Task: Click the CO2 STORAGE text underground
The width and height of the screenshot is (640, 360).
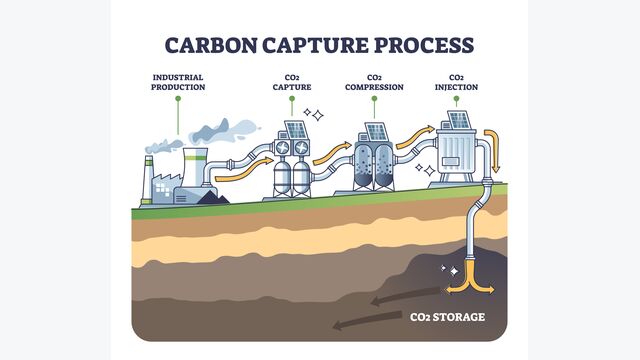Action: (447, 317)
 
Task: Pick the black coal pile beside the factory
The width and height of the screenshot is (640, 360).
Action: (212, 197)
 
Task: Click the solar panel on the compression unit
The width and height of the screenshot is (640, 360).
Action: (376, 131)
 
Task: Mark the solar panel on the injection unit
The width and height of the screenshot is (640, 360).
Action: (459, 120)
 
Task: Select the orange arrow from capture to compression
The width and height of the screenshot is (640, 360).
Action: (330, 155)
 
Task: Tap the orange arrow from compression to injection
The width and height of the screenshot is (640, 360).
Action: (411, 142)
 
